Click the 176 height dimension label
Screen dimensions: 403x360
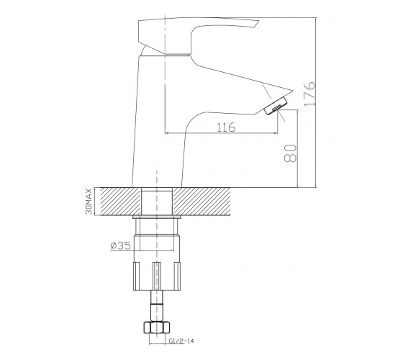(x=309, y=94)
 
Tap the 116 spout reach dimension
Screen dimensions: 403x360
(x=226, y=127)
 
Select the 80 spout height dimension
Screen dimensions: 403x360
(x=291, y=153)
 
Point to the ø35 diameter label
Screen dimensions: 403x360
(x=120, y=246)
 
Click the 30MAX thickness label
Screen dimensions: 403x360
(x=89, y=202)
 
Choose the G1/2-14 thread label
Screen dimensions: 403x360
(x=181, y=341)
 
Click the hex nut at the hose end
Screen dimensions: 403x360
(x=157, y=328)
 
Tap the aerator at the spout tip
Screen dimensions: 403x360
(x=276, y=105)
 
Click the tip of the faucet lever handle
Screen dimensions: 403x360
(x=258, y=21)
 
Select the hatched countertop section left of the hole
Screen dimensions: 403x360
(x=121, y=202)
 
